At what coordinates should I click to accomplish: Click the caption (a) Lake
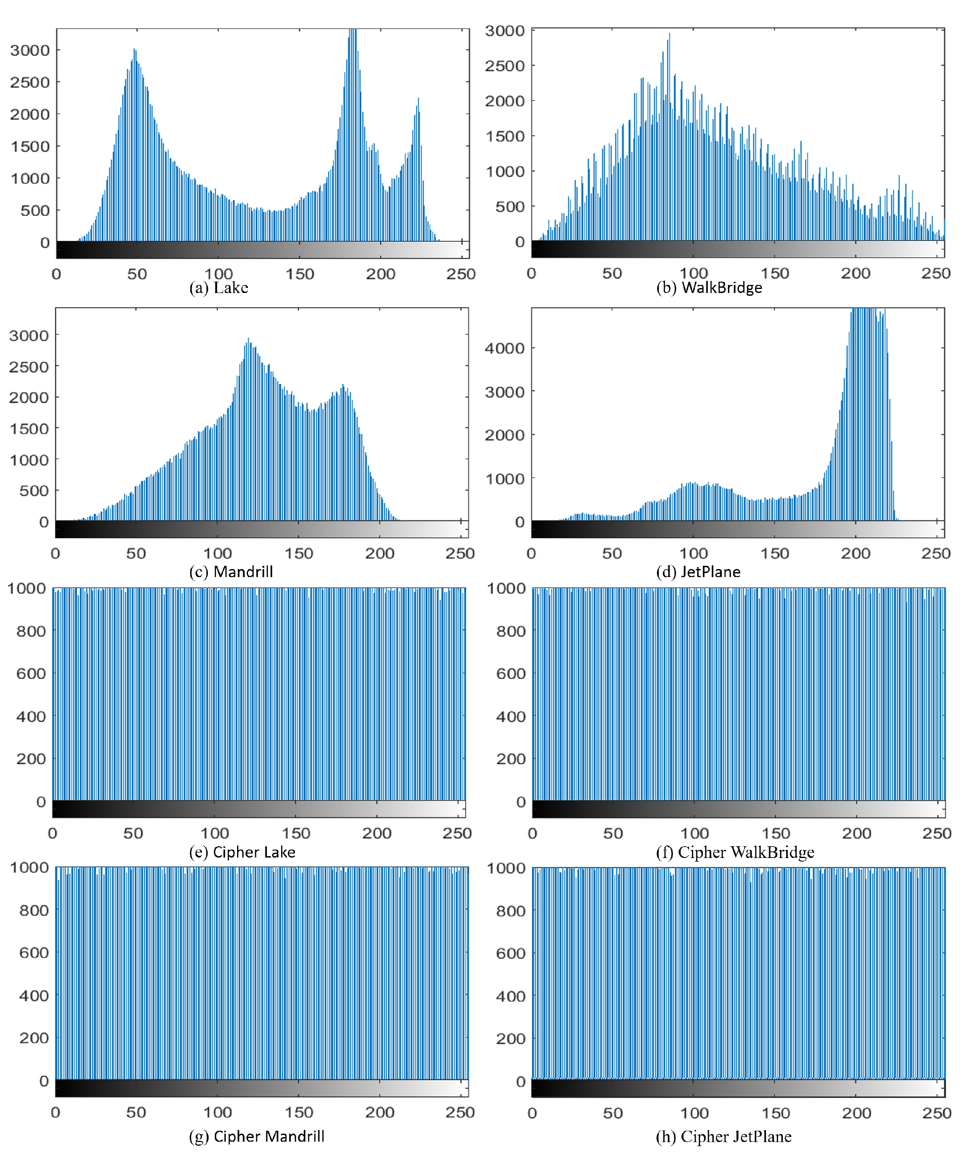(219, 287)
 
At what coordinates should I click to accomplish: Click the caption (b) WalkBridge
(709, 287)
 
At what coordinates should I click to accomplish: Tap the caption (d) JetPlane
(698, 572)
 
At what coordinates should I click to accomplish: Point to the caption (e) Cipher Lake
(242, 852)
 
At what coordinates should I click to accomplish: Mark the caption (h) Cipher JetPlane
(723, 1136)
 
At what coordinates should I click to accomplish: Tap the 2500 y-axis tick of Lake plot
(29, 82)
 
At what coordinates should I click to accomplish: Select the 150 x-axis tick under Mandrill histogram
(299, 553)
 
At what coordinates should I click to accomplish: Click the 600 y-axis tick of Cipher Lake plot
(31, 673)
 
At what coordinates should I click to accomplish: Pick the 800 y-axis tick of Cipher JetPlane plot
(510, 911)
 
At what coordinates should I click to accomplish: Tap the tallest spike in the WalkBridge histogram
(669, 34)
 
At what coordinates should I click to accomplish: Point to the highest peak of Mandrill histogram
(248, 339)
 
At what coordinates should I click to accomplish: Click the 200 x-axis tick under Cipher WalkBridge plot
(856, 833)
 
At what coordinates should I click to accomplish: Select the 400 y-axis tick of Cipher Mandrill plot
(34, 995)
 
